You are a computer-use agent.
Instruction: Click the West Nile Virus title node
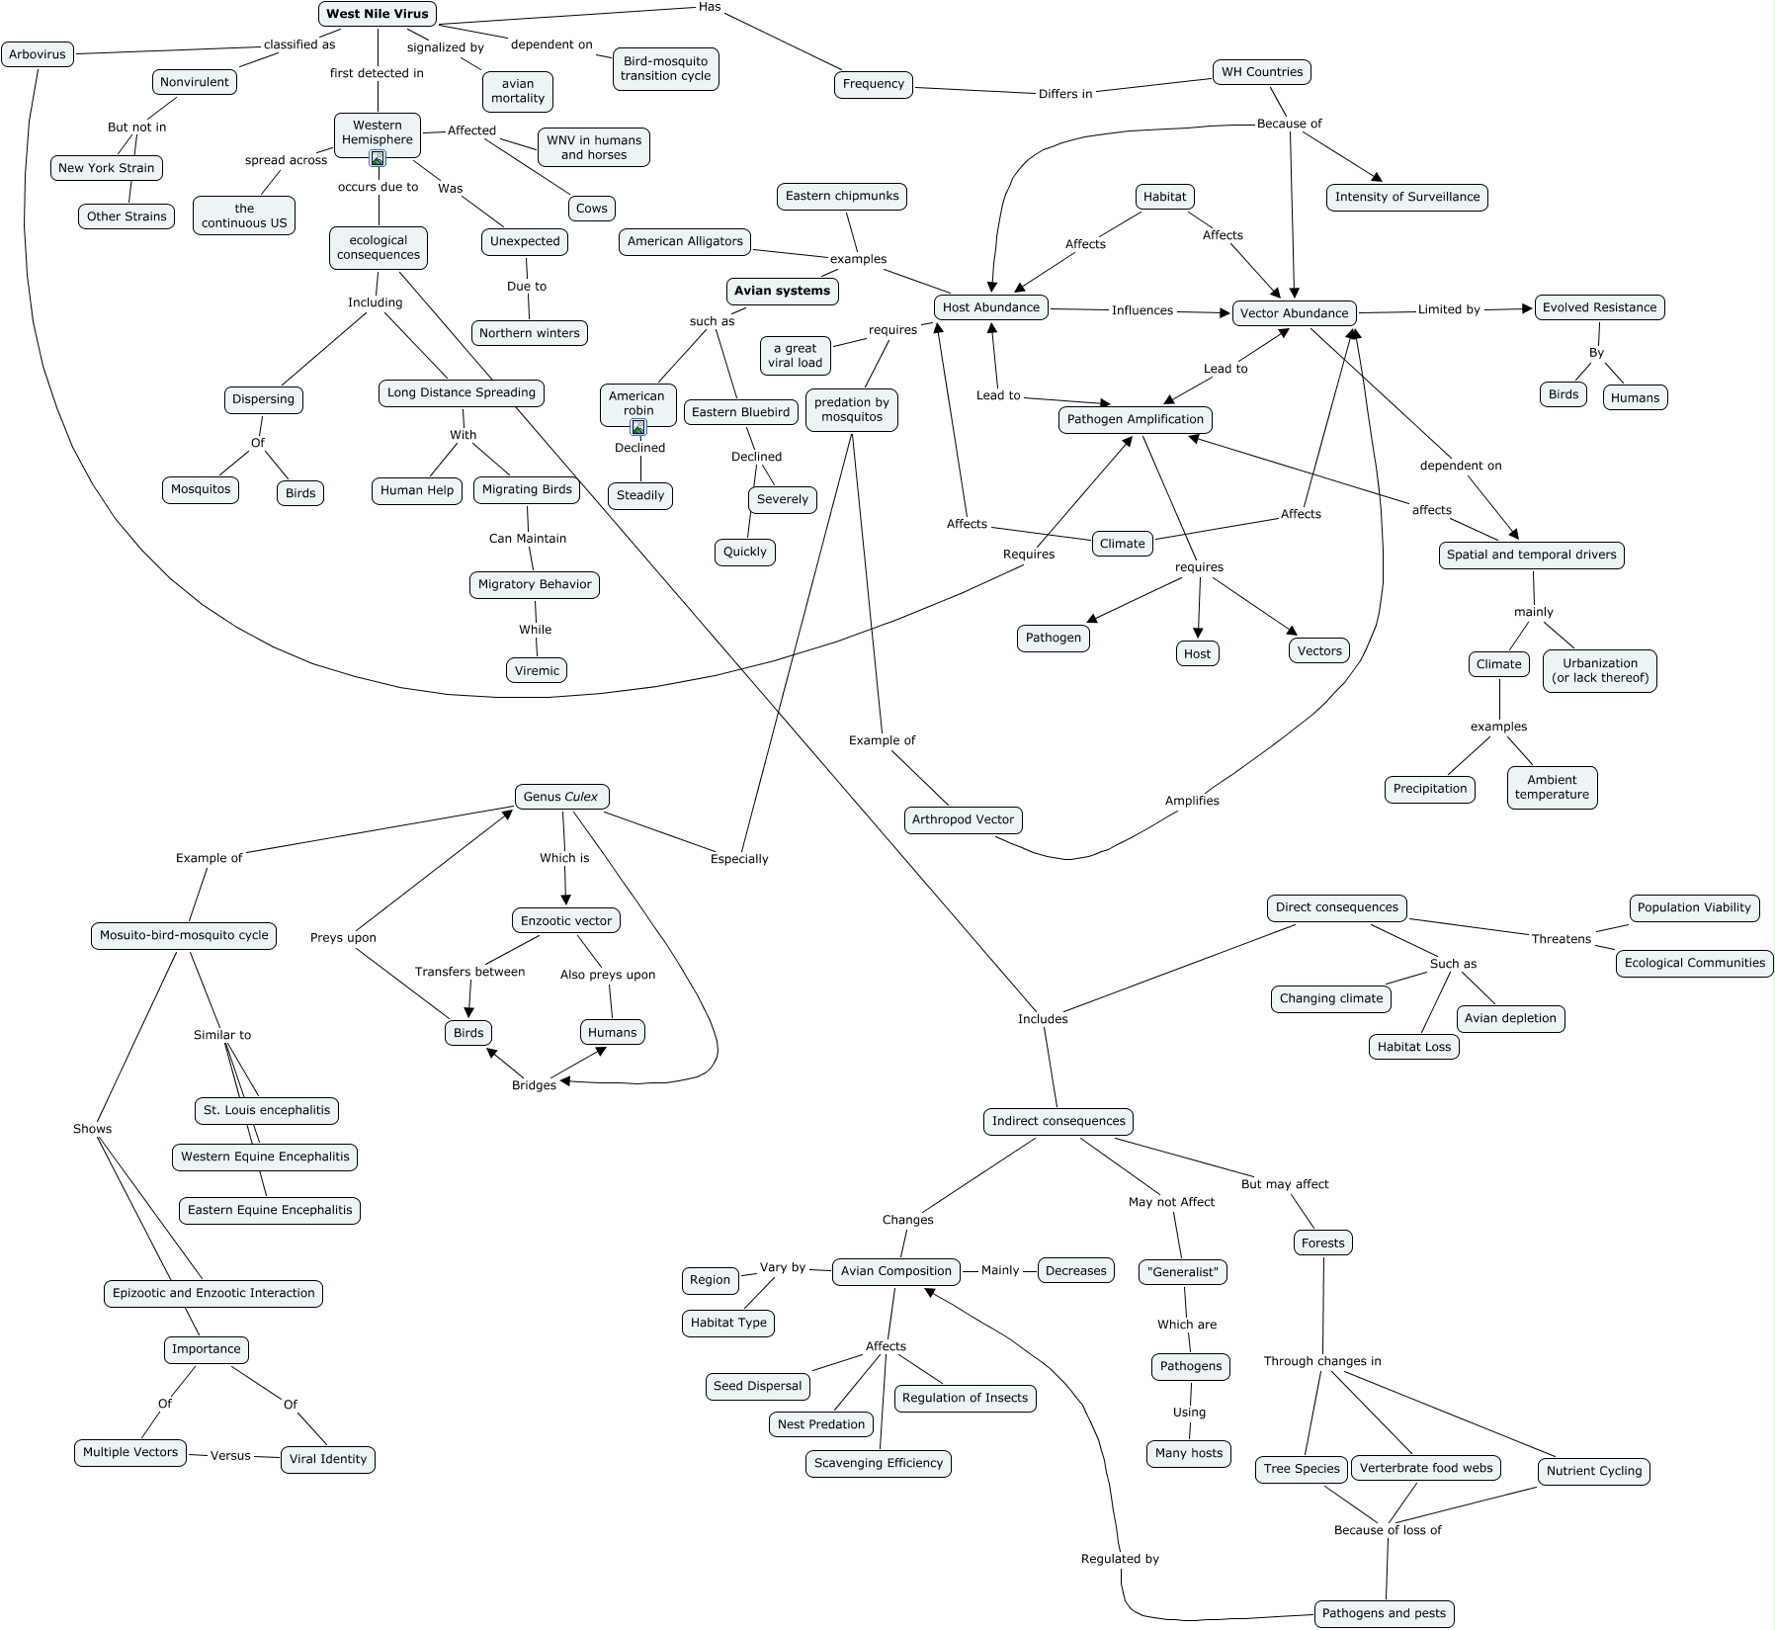[x=377, y=14]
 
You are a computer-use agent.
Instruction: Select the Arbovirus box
[x=38, y=54]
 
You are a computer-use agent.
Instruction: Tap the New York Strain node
[x=106, y=168]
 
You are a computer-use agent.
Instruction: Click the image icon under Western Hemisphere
[x=377, y=158]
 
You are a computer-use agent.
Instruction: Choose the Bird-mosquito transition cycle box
[x=665, y=68]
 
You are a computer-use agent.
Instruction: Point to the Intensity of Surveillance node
[x=1406, y=197]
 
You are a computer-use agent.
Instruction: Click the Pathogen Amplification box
[x=1135, y=419]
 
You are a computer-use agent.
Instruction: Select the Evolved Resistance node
[x=1599, y=307]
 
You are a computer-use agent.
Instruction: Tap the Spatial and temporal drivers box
[x=1531, y=555]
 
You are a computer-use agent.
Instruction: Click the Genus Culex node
[x=561, y=797]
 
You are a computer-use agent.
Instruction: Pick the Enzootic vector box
[x=566, y=920]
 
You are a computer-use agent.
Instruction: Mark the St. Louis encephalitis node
[x=267, y=1110]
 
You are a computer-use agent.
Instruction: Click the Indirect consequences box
[x=1058, y=1121]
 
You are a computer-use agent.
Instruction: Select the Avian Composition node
[x=895, y=1271]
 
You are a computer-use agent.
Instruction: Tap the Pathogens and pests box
[x=1384, y=1613]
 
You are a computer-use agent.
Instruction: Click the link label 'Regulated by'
[x=1120, y=1559]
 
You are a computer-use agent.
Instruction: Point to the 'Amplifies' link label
[x=1192, y=801]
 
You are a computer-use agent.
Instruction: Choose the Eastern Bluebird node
[x=740, y=412]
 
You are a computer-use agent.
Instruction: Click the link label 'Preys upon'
[x=343, y=937]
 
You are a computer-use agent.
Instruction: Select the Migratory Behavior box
[x=535, y=584]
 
